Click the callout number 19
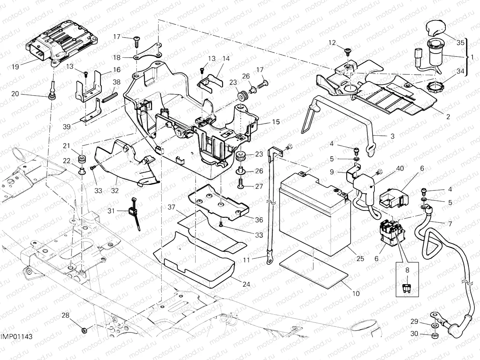[15, 67]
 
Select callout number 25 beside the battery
[360, 259]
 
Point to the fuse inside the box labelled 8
[407, 288]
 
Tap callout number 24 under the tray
[246, 285]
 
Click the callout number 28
[65, 316]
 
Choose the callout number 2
[448, 116]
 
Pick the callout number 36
[259, 220]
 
